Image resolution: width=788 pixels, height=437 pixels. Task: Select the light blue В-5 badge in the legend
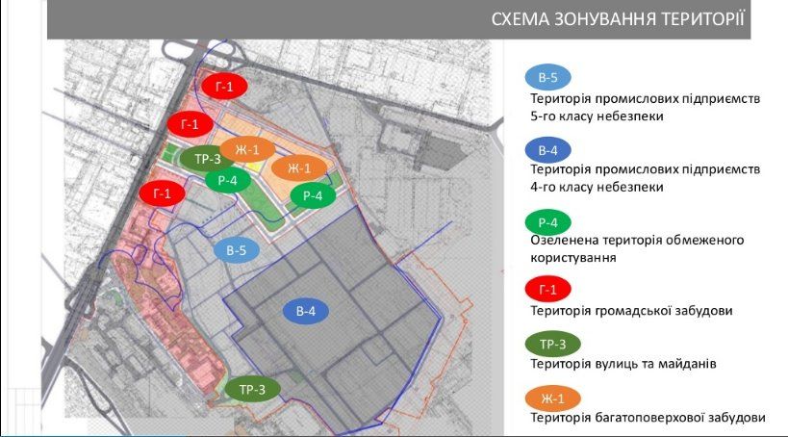tap(547, 78)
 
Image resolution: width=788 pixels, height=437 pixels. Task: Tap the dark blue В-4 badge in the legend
tap(547, 150)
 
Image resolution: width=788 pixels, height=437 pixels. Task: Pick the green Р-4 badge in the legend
tap(547, 222)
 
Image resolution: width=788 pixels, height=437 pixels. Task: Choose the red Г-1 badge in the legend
tap(548, 289)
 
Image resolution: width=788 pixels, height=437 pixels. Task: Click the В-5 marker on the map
tap(237, 250)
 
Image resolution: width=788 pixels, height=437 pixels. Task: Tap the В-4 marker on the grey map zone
tap(305, 311)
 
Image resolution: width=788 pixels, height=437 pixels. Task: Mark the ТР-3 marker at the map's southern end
tap(252, 389)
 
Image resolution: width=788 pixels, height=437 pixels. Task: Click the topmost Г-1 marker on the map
tap(223, 88)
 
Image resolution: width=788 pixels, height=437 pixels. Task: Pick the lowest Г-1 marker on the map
tap(162, 194)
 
